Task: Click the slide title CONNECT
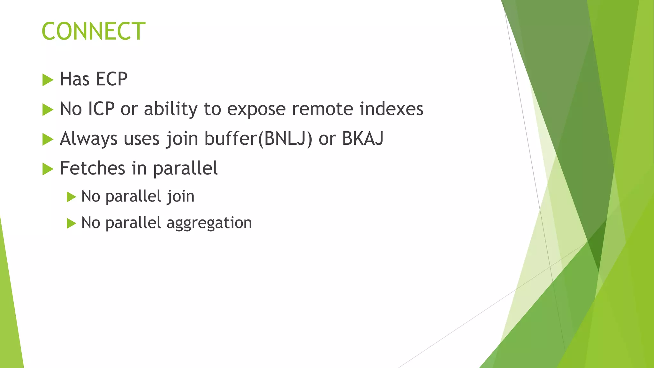pyautogui.click(x=94, y=31)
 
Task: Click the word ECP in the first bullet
pyautogui.click(x=111, y=79)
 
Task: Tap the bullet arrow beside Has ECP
pyautogui.click(x=48, y=80)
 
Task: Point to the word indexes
pyautogui.click(x=391, y=109)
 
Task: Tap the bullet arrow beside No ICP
pyautogui.click(x=48, y=110)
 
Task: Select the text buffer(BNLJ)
pyautogui.click(x=258, y=139)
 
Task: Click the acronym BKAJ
pyautogui.click(x=362, y=138)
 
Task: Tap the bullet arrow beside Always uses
pyautogui.click(x=48, y=140)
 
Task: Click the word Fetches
pyautogui.click(x=93, y=168)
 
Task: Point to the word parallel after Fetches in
pyautogui.click(x=185, y=169)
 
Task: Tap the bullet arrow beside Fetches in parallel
pyautogui.click(x=48, y=169)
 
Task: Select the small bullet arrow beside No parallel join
pyautogui.click(x=71, y=197)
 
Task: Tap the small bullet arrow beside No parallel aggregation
pyautogui.click(x=71, y=223)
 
